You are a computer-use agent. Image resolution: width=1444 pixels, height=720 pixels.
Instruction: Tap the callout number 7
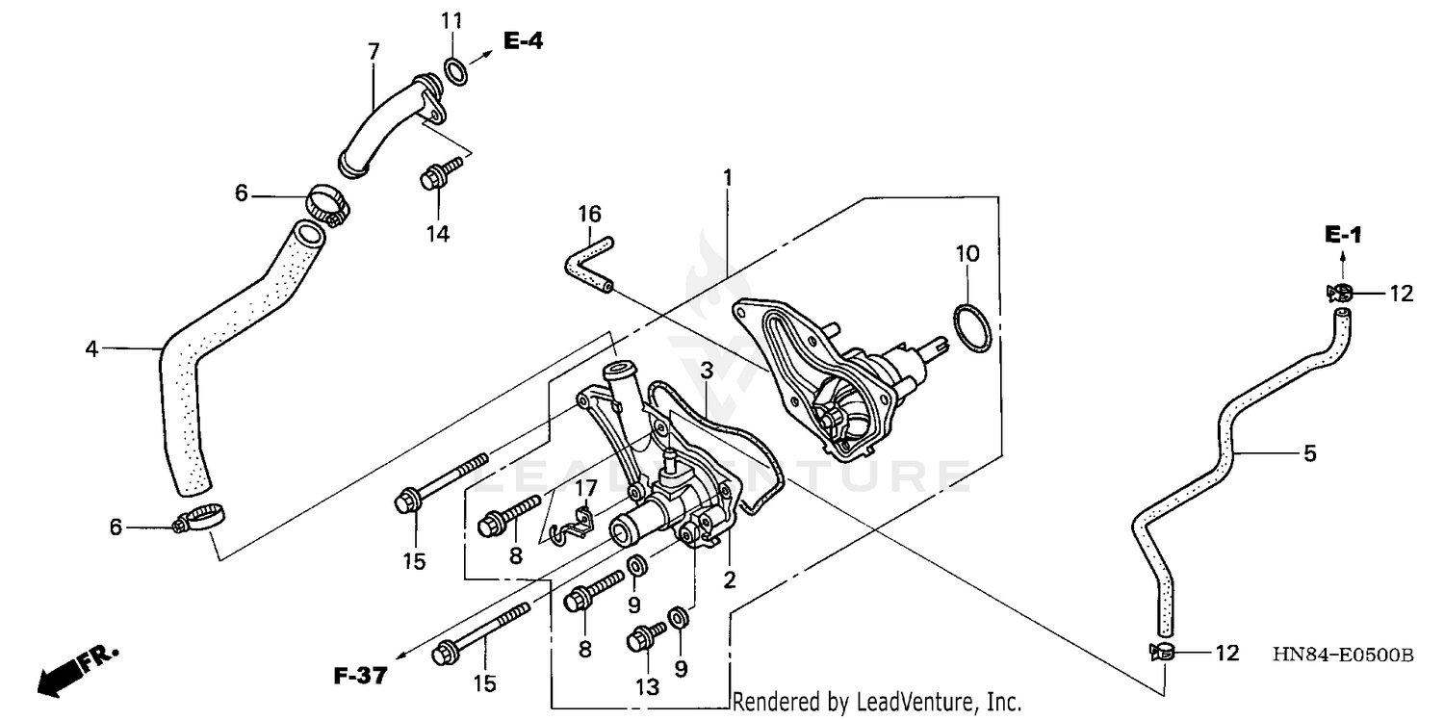(374, 50)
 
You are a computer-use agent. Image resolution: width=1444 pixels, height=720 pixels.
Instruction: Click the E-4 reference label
(522, 40)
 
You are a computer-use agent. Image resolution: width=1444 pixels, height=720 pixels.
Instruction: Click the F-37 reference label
(360, 677)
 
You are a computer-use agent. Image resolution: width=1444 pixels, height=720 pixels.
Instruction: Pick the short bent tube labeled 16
(587, 260)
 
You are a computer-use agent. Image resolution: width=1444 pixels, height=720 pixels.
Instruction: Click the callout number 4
(91, 348)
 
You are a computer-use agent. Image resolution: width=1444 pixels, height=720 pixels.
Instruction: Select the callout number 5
(1309, 452)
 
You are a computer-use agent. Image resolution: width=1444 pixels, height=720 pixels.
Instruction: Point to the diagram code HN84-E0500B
(1342, 656)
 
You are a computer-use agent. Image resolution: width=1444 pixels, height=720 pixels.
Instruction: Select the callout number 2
(729, 579)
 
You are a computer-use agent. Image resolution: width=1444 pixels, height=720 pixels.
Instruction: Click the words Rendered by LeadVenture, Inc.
(876, 703)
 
